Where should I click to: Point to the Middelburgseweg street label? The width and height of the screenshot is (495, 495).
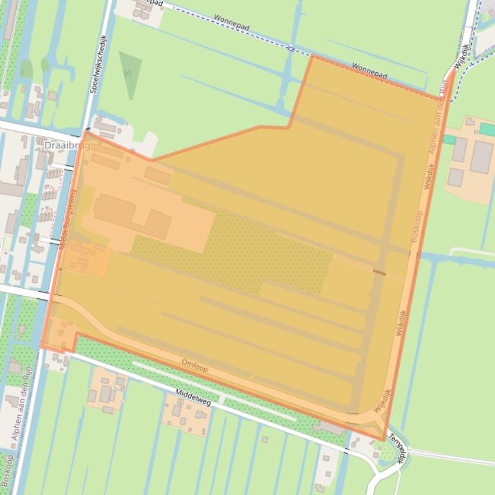click(67, 219)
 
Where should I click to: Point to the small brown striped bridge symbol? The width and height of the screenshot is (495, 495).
click(379, 273)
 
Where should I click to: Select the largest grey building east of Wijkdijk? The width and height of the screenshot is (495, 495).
click(480, 157)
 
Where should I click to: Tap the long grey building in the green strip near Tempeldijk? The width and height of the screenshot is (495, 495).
click(331, 428)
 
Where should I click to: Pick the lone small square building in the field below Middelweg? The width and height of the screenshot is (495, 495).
click(264, 440)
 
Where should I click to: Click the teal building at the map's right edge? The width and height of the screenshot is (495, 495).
click(487, 130)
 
